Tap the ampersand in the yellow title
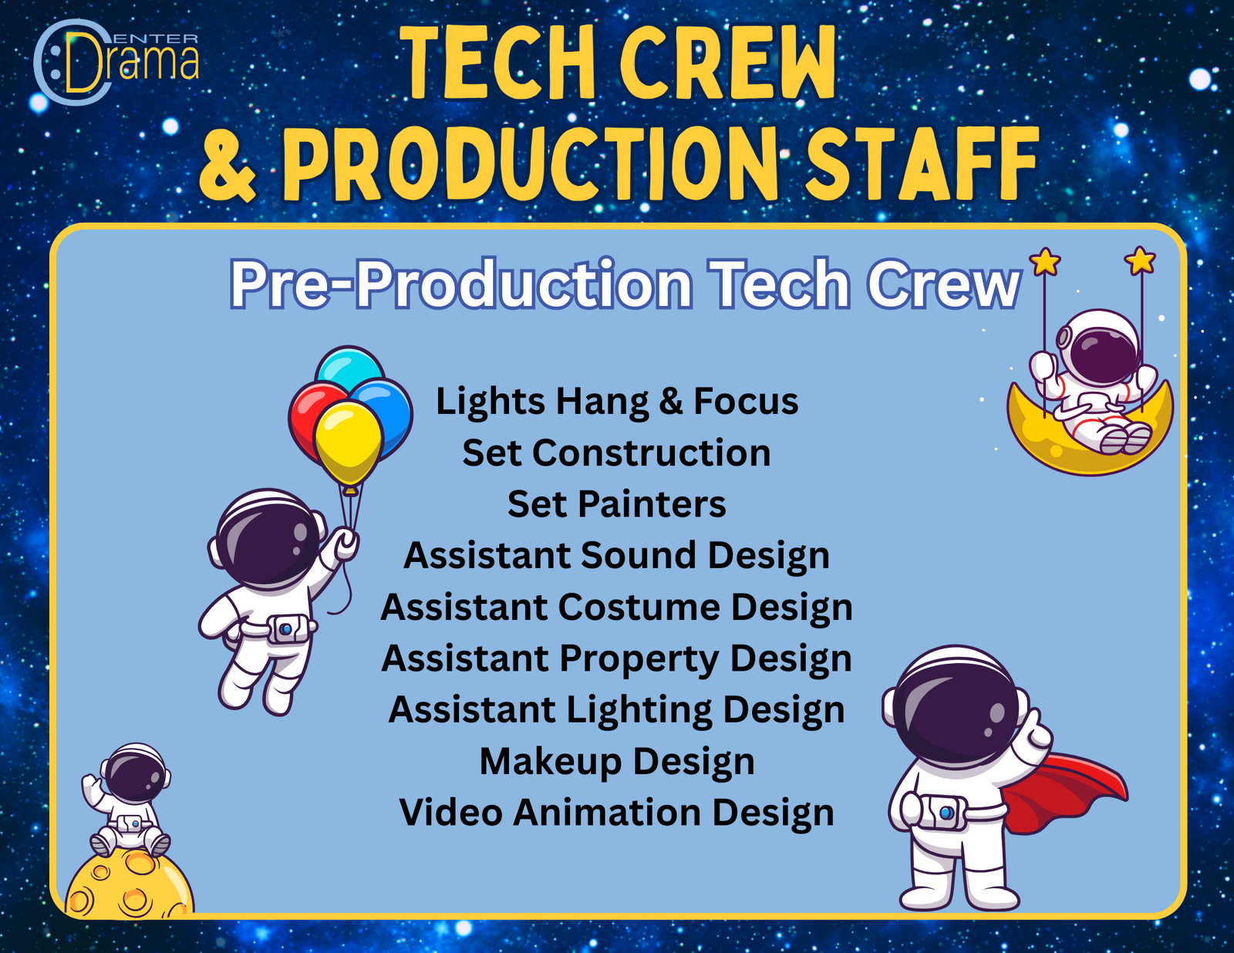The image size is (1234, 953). pyautogui.click(x=228, y=165)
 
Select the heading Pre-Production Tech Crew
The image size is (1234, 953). pyautogui.click(x=625, y=283)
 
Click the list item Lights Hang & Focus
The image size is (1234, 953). pyautogui.click(x=617, y=402)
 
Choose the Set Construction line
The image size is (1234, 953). pyautogui.click(x=616, y=453)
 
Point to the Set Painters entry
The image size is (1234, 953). pyautogui.click(x=616, y=504)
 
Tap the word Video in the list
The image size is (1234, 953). pyautogui.click(x=450, y=812)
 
